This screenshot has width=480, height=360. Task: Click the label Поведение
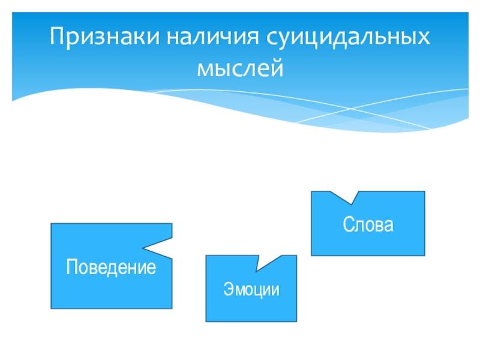(x=111, y=266)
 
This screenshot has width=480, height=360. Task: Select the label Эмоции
(x=251, y=290)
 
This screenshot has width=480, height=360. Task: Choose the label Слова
(x=368, y=226)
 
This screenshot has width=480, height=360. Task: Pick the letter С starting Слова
(x=348, y=226)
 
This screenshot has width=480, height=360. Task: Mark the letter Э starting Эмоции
(x=228, y=290)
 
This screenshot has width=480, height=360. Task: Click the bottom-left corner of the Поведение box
(x=51, y=308)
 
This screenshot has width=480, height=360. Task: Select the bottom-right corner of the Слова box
(x=425, y=255)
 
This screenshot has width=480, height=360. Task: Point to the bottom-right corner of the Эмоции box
(x=296, y=322)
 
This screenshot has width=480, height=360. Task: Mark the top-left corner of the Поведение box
(x=51, y=224)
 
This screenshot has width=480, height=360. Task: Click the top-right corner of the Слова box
(x=425, y=191)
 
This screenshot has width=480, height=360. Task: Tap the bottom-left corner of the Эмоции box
(x=206, y=322)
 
